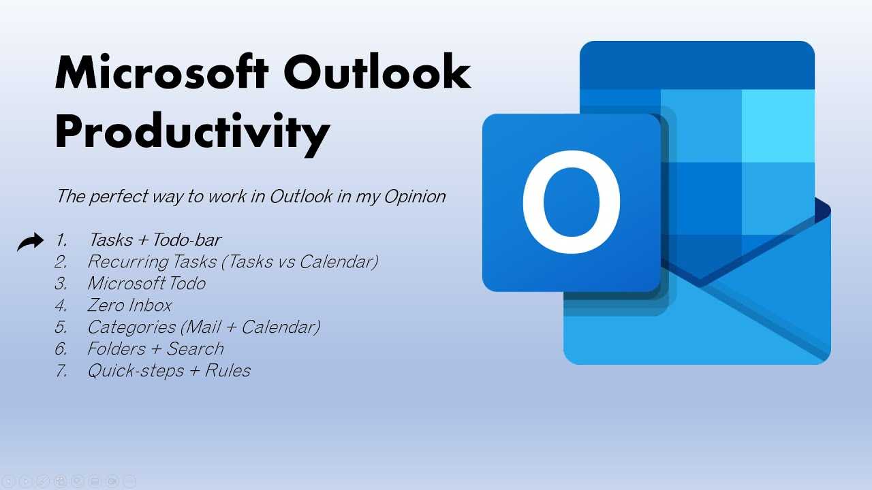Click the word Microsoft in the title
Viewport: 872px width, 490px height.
[162, 72]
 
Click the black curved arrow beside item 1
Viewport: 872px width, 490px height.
[31, 242]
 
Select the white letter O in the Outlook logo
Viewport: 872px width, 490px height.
[572, 202]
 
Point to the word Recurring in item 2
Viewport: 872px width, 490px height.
[127, 262]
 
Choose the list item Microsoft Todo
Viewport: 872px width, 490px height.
[146, 283]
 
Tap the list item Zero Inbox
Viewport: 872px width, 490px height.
[129, 306]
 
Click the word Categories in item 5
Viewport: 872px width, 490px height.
[131, 327]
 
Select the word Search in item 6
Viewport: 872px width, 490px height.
[195, 349]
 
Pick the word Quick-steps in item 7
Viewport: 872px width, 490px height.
[136, 371]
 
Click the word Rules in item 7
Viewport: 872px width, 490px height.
[228, 371]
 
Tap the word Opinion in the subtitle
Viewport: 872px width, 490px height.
[415, 197]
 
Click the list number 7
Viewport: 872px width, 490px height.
[61, 371]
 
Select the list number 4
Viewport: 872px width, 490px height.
[61, 306]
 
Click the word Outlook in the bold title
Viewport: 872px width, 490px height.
[377, 72]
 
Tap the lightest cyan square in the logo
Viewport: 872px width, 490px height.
[778, 126]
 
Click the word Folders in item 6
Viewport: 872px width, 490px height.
[116, 349]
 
